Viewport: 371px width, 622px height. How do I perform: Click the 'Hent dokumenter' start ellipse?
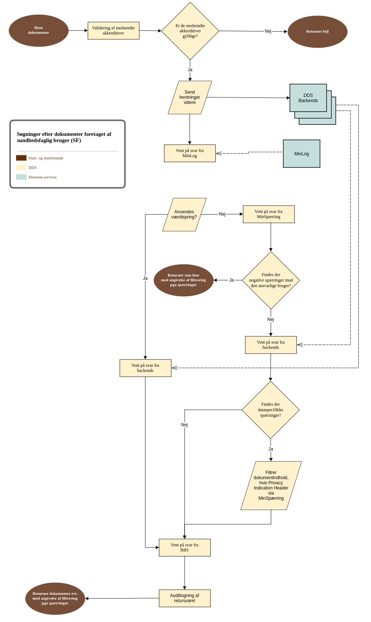pyautogui.click(x=39, y=30)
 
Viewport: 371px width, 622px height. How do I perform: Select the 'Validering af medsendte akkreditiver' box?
pyautogui.click(x=113, y=30)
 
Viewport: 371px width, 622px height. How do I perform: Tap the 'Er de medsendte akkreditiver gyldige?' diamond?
pyautogui.click(x=190, y=31)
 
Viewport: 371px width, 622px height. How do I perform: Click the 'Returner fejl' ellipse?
pyautogui.click(x=317, y=32)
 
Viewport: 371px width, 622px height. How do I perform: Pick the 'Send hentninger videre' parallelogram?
pyautogui.click(x=190, y=97)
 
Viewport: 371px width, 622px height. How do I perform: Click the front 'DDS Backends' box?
pyautogui.click(x=308, y=98)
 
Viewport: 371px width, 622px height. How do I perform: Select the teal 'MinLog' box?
pyautogui.click(x=302, y=154)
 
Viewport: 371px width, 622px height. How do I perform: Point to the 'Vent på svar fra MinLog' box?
pyautogui.click(x=190, y=153)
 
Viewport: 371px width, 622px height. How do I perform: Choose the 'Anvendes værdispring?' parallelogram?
pyautogui.click(x=184, y=214)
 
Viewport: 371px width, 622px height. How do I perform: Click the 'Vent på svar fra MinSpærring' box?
pyautogui.click(x=269, y=214)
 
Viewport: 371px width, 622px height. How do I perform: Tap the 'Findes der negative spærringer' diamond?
pyautogui.click(x=271, y=280)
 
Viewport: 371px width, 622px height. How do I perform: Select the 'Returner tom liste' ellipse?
pyautogui.click(x=183, y=280)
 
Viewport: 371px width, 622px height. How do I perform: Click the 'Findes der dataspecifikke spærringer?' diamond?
pyautogui.click(x=270, y=410)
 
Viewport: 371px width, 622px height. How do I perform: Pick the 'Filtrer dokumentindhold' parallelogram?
pyautogui.click(x=271, y=485)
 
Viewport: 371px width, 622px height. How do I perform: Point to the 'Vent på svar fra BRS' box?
pyautogui.click(x=185, y=547)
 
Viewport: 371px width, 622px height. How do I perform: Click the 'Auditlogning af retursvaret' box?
pyautogui.click(x=185, y=598)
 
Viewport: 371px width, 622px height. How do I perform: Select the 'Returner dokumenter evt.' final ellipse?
pyautogui.click(x=55, y=599)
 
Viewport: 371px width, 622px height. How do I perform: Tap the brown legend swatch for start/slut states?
pyautogui.click(x=21, y=158)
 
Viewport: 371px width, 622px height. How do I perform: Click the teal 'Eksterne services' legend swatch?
pyautogui.click(x=21, y=177)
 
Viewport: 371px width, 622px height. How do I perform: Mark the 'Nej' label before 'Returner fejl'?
pyautogui.click(x=268, y=31)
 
